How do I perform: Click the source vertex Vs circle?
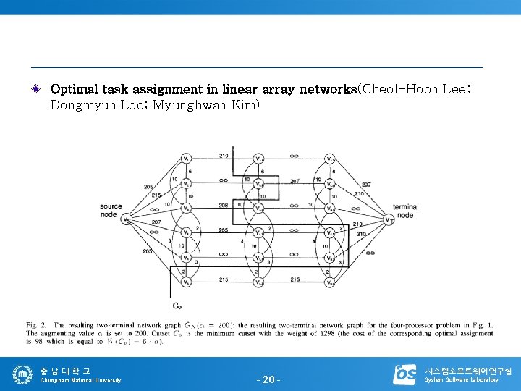127,219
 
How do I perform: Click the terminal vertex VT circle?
389,219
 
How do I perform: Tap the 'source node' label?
111,210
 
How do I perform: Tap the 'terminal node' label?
406,211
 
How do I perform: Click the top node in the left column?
186,159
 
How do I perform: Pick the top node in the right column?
330,159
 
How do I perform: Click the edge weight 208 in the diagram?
223,206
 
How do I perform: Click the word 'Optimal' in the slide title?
75,90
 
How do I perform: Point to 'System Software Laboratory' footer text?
462,380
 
